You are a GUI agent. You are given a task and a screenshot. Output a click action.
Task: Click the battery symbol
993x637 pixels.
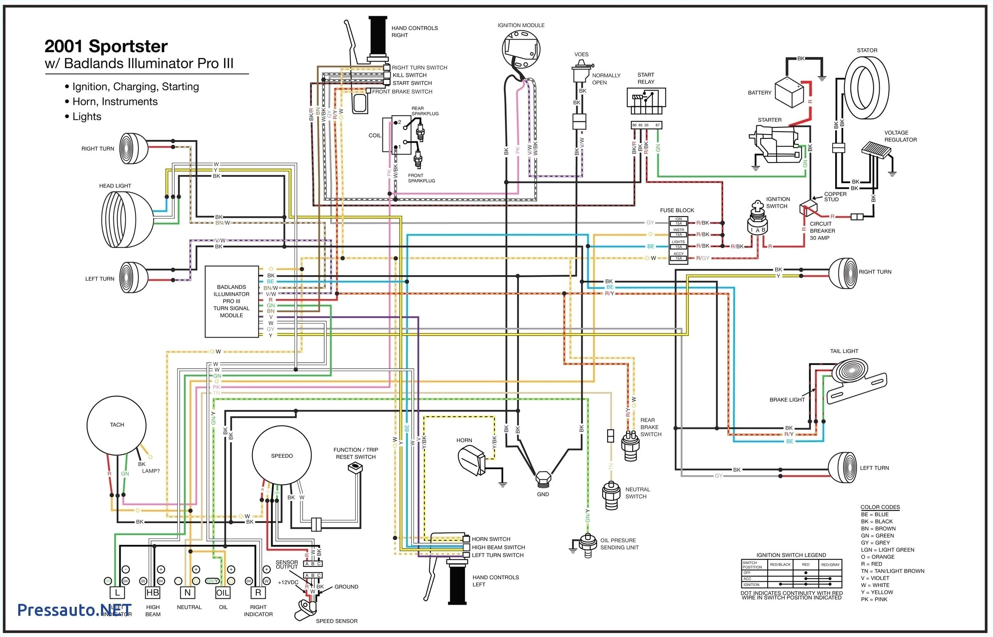pyautogui.click(x=789, y=93)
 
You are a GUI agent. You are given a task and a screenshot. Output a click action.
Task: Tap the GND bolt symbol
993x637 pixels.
pyautogui.click(x=543, y=479)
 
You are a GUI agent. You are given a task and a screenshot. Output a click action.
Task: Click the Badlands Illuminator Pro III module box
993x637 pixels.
pyautogui.click(x=232, y=302)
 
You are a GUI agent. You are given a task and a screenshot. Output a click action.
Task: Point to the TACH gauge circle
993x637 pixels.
pyautogui.click(x=117, y=425)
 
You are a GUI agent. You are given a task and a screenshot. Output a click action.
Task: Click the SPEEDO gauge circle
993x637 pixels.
pyautogui.click(x=282, y=456)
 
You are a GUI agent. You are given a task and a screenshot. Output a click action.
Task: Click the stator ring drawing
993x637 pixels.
pyautogui.click(x=866, y=88)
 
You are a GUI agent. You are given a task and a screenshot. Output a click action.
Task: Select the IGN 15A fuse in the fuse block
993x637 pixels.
pyautogui.click(x=678, y=223)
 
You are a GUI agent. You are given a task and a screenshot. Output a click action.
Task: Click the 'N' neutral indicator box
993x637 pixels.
pyautogui.click(x=188, y=592)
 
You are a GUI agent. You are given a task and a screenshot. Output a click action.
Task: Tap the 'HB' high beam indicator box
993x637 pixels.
pyautogui.click(x=152, y=592)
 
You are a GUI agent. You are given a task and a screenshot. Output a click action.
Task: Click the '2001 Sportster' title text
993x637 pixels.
pyautogui.click(x=106, y=46)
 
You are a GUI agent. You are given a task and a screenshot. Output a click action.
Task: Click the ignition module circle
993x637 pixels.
pyautogui.click(x=521, y=49)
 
